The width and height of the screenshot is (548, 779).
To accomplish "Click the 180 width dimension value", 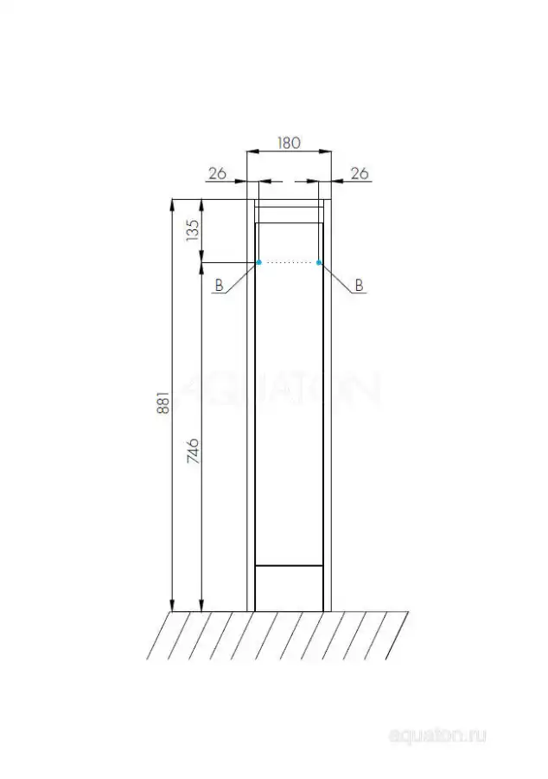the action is point(289,143).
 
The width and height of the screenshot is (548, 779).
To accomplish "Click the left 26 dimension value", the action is point(217,173).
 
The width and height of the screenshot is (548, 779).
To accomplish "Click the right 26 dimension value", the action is point(360,173).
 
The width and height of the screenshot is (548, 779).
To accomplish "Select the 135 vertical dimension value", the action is point(193,230).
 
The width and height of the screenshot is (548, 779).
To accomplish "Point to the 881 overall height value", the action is point(163,402).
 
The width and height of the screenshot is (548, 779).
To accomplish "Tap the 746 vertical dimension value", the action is point(193,451).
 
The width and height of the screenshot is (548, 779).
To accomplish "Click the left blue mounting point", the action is point(259,262).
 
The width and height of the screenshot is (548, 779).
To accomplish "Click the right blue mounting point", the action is point(318,262).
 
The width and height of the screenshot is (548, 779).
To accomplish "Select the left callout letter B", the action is point(219,285).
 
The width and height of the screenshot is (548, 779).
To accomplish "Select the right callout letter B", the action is point(359,285).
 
